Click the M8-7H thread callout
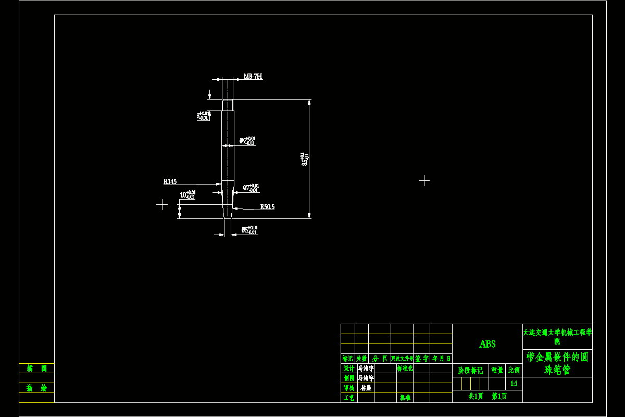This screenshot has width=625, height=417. [253, 77]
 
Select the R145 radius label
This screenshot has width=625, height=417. [170, 182]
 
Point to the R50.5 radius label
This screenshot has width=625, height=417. [267, 207]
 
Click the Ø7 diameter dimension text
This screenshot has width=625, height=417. [251, 188]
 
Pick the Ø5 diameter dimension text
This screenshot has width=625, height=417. [249, 229]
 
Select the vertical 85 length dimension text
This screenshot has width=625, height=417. [305, 159]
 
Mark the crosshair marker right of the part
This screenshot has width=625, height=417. [424, 181]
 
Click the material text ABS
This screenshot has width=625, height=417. [488, 344]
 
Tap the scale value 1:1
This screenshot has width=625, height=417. [514, 384]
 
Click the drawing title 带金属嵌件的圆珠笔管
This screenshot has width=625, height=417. [557, 363]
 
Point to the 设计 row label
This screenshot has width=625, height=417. [348, 369]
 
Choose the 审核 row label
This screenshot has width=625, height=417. [348, 388]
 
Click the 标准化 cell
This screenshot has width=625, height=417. [405, 369]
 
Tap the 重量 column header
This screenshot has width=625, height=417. [497, 371]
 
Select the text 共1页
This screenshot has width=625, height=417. [476, 397]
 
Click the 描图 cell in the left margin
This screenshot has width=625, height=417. [36, 369]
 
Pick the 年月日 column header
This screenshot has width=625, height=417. [441, 359]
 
